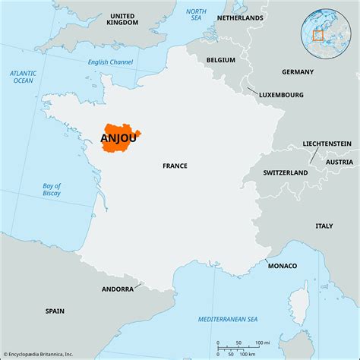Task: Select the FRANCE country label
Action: (x=175, y=165)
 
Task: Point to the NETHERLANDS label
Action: (x=240, y=17)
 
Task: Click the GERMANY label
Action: (x=297, y=71)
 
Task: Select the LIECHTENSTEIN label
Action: (x=326, y=143)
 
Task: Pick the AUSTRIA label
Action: (x=339, y=162)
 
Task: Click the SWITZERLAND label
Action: (x=286, y=172)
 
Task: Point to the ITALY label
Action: (x=324, y=226)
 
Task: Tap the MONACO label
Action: (x=282, y=265)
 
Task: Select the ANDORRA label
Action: (x=118, y=289)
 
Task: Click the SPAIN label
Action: (x=55, y=311)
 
